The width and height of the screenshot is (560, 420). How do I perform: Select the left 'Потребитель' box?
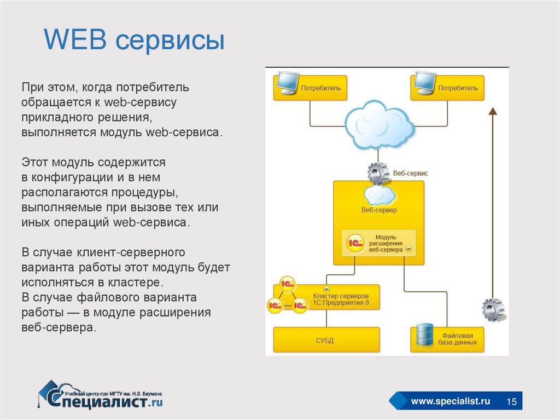pyautogui.click(x=311, y=88)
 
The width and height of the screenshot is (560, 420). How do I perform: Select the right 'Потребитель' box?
pyautogui.click(x=447, y=88)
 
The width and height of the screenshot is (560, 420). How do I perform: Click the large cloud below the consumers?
pyautogui.click(x=378, y=124)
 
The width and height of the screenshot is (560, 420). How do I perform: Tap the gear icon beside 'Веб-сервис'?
pyautogui.click(x=377, y=174)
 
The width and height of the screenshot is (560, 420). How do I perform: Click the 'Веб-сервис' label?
pyautogui.click(x=410, y=173)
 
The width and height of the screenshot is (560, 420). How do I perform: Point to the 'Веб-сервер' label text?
pyautogui.click(x=379, y=210)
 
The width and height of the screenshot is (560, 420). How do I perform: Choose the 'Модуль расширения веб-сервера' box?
pyautogui.click(x=379, y=243)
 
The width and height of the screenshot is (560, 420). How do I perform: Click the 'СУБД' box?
pyautogui.click(x=326, y=340)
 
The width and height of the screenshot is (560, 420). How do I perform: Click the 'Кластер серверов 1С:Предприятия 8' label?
pyautogui.click(x=345, y=298)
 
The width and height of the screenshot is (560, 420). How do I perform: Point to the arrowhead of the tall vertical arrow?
pyautogui.click(x=492, y=112)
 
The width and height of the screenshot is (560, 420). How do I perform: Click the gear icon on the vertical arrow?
pyautogui.click(x=493, y=309)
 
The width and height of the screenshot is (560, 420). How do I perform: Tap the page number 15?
pyautogui.click(x=512, y=402)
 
